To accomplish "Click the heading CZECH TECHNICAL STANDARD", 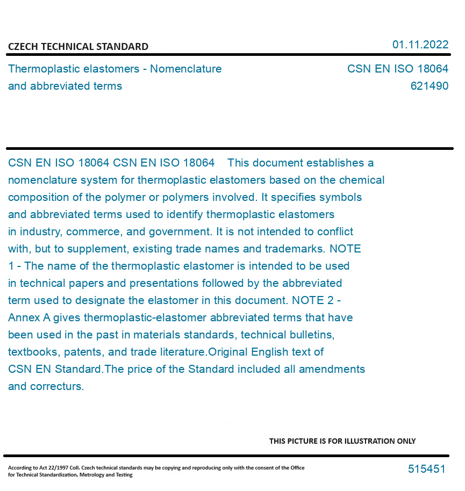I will click(78, 47).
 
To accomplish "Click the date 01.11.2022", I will click(420, 45).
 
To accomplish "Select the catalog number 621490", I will click(429, 86).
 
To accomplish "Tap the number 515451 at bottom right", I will click(426, 469).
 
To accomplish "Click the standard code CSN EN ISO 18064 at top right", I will click(397, 69).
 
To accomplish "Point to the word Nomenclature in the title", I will click(185, 69).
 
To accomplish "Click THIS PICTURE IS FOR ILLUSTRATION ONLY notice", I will click(342, 441).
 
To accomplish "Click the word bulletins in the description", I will click(311, 335).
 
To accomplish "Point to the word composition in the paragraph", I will click(37, 197).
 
